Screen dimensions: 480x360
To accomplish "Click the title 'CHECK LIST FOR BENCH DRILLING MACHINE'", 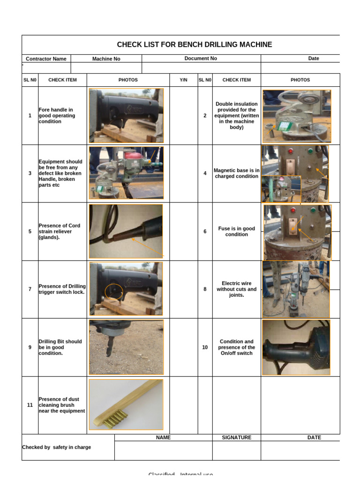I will coord(194,45).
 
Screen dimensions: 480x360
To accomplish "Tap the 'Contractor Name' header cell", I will coord(46,59).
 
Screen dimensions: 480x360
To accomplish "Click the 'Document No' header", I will coord(201,59).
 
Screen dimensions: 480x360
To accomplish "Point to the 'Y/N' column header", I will coord(183,80).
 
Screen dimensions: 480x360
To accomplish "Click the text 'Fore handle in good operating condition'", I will coord(56,115).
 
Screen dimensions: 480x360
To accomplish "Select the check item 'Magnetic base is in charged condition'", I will coord(236,173).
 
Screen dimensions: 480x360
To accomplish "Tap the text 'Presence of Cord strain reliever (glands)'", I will coord(59,231).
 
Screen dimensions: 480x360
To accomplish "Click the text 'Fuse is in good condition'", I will coord(236,232).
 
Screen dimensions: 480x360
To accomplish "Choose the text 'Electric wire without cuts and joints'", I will coord(236,289).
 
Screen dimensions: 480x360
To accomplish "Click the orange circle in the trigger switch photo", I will coord(114,292).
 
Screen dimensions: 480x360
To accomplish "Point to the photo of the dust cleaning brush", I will coord(126,405).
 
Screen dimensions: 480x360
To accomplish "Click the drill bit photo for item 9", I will coord(126,347).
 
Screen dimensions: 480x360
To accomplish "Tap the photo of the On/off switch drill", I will coord(296,347).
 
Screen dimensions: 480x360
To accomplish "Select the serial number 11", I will coord(30,405).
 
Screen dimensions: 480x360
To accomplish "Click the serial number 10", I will coord(205,347).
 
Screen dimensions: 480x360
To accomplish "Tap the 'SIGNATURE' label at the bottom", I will coord(236,437).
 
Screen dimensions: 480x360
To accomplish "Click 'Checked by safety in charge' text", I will coord(57,447).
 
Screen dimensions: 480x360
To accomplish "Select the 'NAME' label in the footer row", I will coord(163,437).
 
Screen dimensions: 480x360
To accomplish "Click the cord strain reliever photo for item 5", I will coord(126,231).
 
